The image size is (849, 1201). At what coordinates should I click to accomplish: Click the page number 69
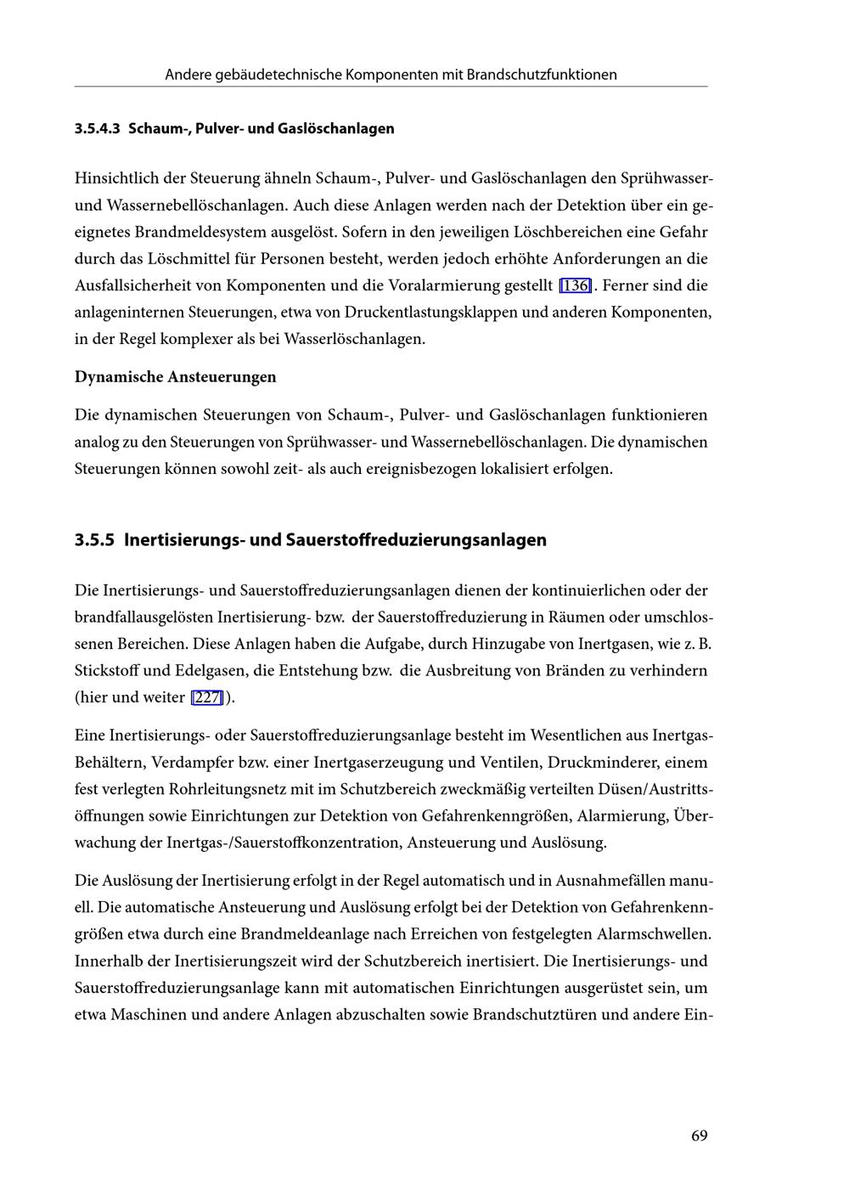pyautogui.click(x=699, y=1136)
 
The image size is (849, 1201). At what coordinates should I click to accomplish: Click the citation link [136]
pyautogui.click(x=575, y=285)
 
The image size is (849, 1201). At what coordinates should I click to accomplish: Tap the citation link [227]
pyautogui.click(x=207, y=697)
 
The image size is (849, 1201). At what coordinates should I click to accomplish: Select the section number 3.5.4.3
pyautogui.click(x=98, y=129)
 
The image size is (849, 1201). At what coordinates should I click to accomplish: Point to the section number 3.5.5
pyautogui.click(x=94, y=540)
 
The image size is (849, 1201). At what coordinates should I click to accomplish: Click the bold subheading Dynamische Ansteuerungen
pyautogui.click(x=175, y=376)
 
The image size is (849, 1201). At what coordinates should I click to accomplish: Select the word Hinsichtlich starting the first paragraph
pyautogui.click(x=117, y=178)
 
